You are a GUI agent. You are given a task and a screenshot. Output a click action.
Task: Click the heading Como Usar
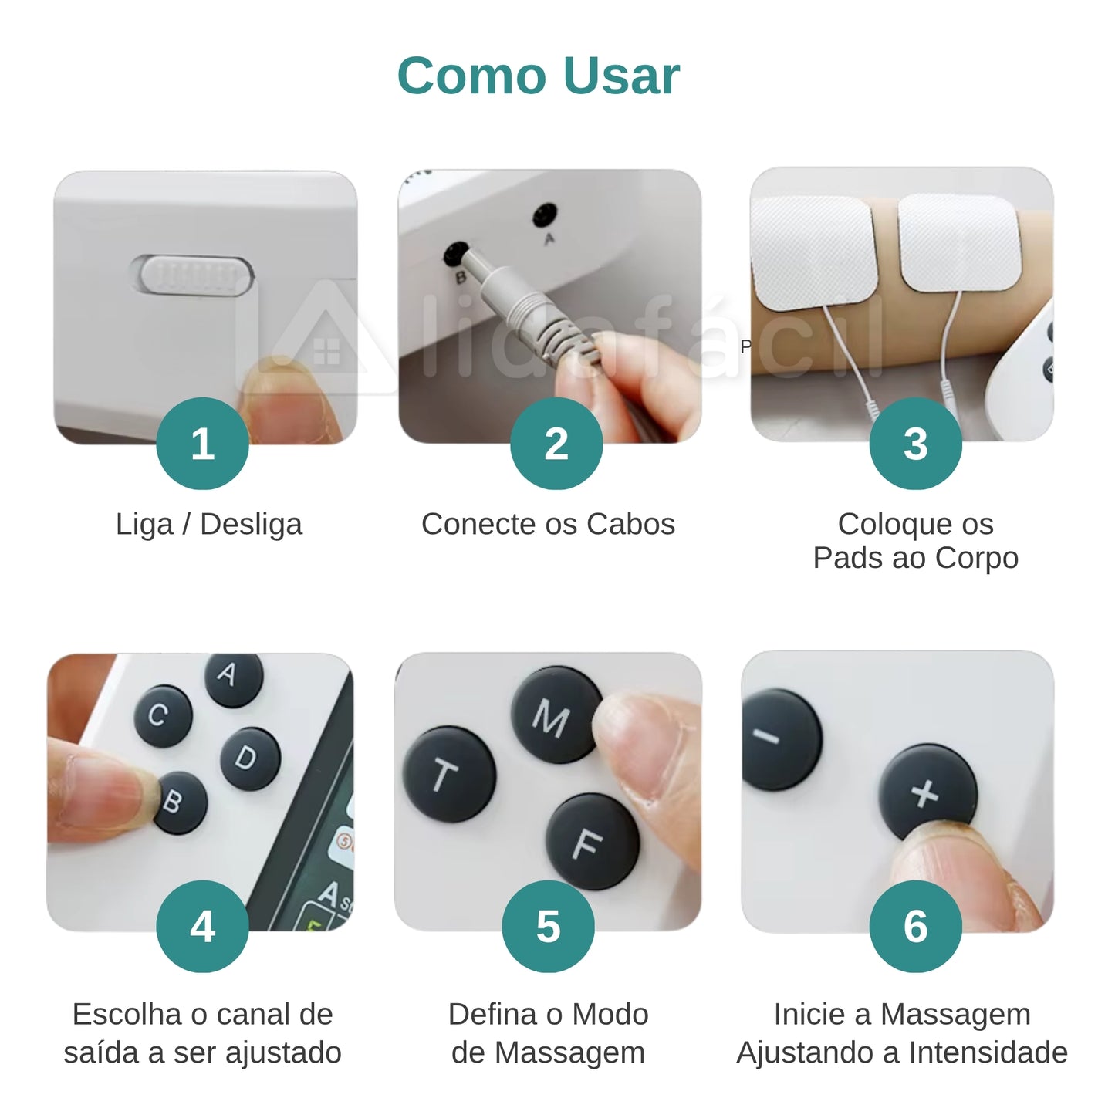538,76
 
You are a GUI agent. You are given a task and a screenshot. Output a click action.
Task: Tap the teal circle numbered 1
202,444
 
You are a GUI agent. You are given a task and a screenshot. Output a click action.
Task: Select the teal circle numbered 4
202,926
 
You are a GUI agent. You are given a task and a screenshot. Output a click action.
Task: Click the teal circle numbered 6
915,926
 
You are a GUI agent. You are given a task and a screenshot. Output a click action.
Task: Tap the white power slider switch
198,275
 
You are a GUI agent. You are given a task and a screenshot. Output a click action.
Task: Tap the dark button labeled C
160,715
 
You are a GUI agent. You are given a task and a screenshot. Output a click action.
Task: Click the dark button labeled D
249,758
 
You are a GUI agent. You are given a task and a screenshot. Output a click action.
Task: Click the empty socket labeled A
546,214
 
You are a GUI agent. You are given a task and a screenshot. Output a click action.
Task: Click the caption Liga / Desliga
208,524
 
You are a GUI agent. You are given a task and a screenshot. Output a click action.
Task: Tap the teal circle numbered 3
915,444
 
